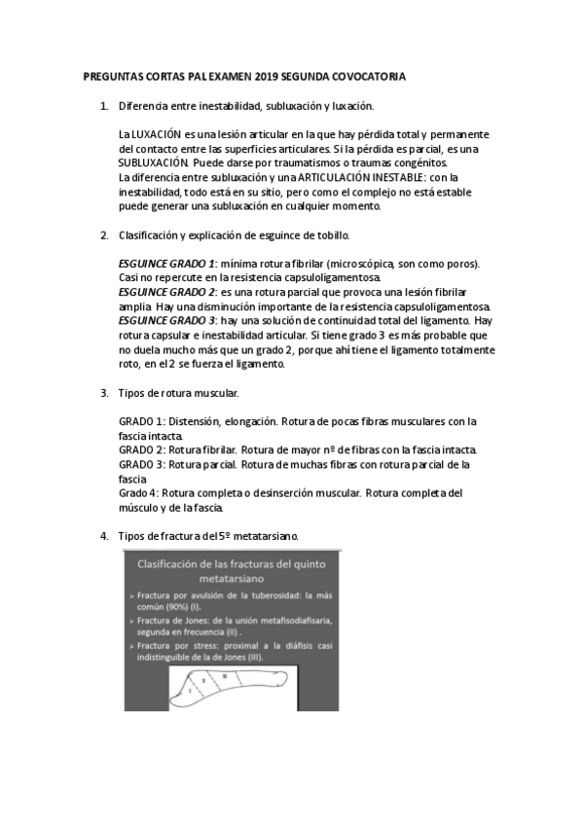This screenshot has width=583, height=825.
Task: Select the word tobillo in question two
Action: tap(330, 235)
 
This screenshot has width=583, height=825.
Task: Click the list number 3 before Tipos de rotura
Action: tap(104, 393)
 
